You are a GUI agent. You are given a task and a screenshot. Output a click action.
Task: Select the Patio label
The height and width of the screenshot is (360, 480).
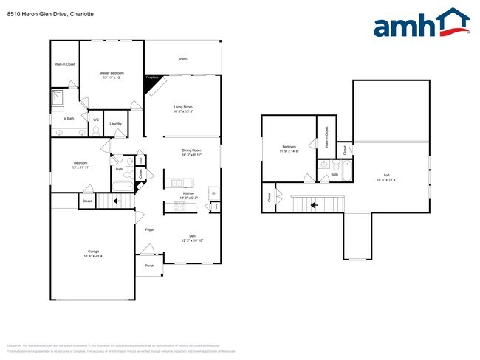coord(182,59)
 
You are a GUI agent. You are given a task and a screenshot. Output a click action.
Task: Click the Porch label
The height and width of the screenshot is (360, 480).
coord(149,266)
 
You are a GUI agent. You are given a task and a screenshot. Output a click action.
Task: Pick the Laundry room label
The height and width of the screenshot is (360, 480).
coord(115,123)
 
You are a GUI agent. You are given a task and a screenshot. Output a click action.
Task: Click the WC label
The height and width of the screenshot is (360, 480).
coord(95,120)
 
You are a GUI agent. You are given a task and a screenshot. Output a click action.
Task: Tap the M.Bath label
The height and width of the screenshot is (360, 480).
coord(68,118)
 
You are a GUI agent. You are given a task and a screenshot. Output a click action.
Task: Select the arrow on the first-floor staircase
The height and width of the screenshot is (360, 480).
coord(116,200)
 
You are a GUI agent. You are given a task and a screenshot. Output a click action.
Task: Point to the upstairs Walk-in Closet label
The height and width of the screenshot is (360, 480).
coord(326,138)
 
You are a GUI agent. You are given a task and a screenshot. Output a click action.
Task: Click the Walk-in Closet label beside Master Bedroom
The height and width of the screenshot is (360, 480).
coord(65,64)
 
